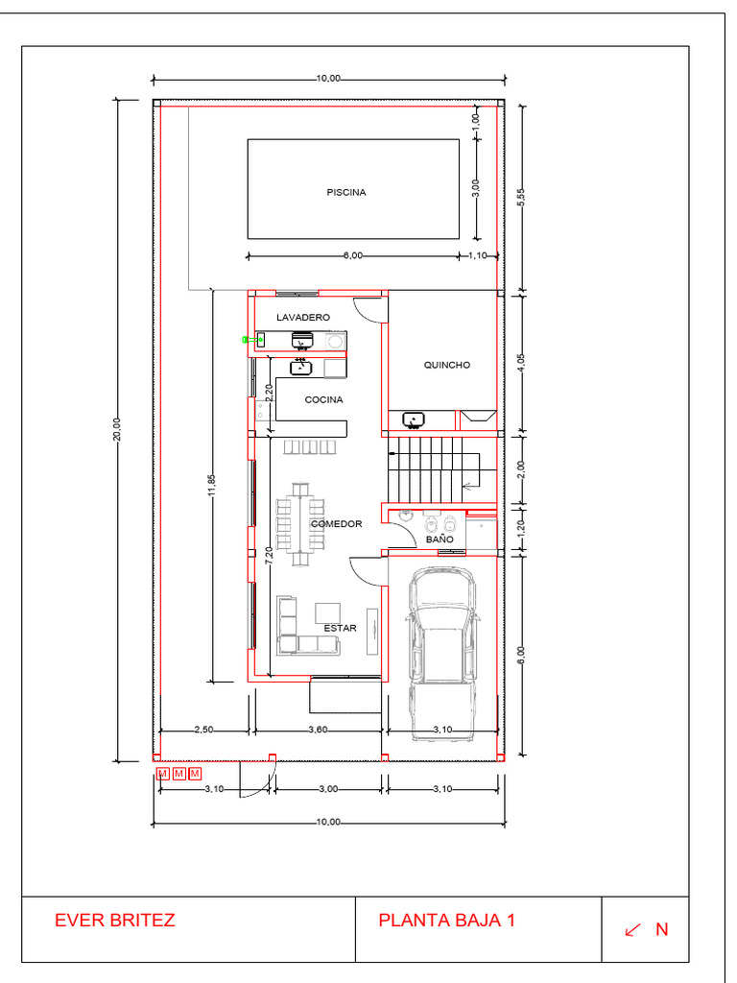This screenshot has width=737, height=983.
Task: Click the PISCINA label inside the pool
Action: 345,192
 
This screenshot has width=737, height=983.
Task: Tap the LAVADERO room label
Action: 302,317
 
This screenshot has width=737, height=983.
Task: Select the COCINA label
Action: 323,399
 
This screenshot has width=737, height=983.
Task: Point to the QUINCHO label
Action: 447,365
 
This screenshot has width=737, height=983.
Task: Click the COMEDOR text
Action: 337,523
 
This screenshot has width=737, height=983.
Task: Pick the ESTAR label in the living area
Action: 341,628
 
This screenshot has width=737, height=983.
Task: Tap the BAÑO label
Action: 440,539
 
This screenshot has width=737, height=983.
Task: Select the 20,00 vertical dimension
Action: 117,429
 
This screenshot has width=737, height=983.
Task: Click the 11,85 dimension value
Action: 212,486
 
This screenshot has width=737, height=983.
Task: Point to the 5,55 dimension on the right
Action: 521,198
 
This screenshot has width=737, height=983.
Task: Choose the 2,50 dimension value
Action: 203,730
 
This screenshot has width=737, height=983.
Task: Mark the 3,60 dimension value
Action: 318,730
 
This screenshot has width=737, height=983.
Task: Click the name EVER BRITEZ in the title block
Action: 115,921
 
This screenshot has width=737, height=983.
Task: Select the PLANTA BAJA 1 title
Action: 446,921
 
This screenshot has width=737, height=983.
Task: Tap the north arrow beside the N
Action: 633,929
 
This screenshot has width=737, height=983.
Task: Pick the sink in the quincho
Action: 414,420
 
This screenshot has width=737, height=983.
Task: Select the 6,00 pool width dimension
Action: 353,255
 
